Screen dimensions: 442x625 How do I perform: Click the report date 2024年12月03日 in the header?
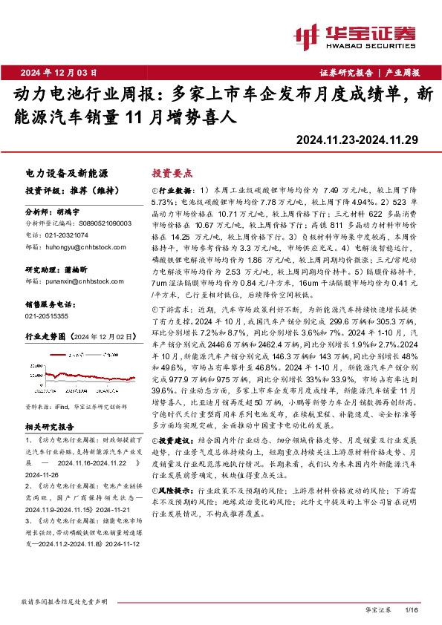coord(60,72)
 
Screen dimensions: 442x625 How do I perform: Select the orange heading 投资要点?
coord(172,171)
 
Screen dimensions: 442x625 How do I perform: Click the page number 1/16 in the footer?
coord(412,609)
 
